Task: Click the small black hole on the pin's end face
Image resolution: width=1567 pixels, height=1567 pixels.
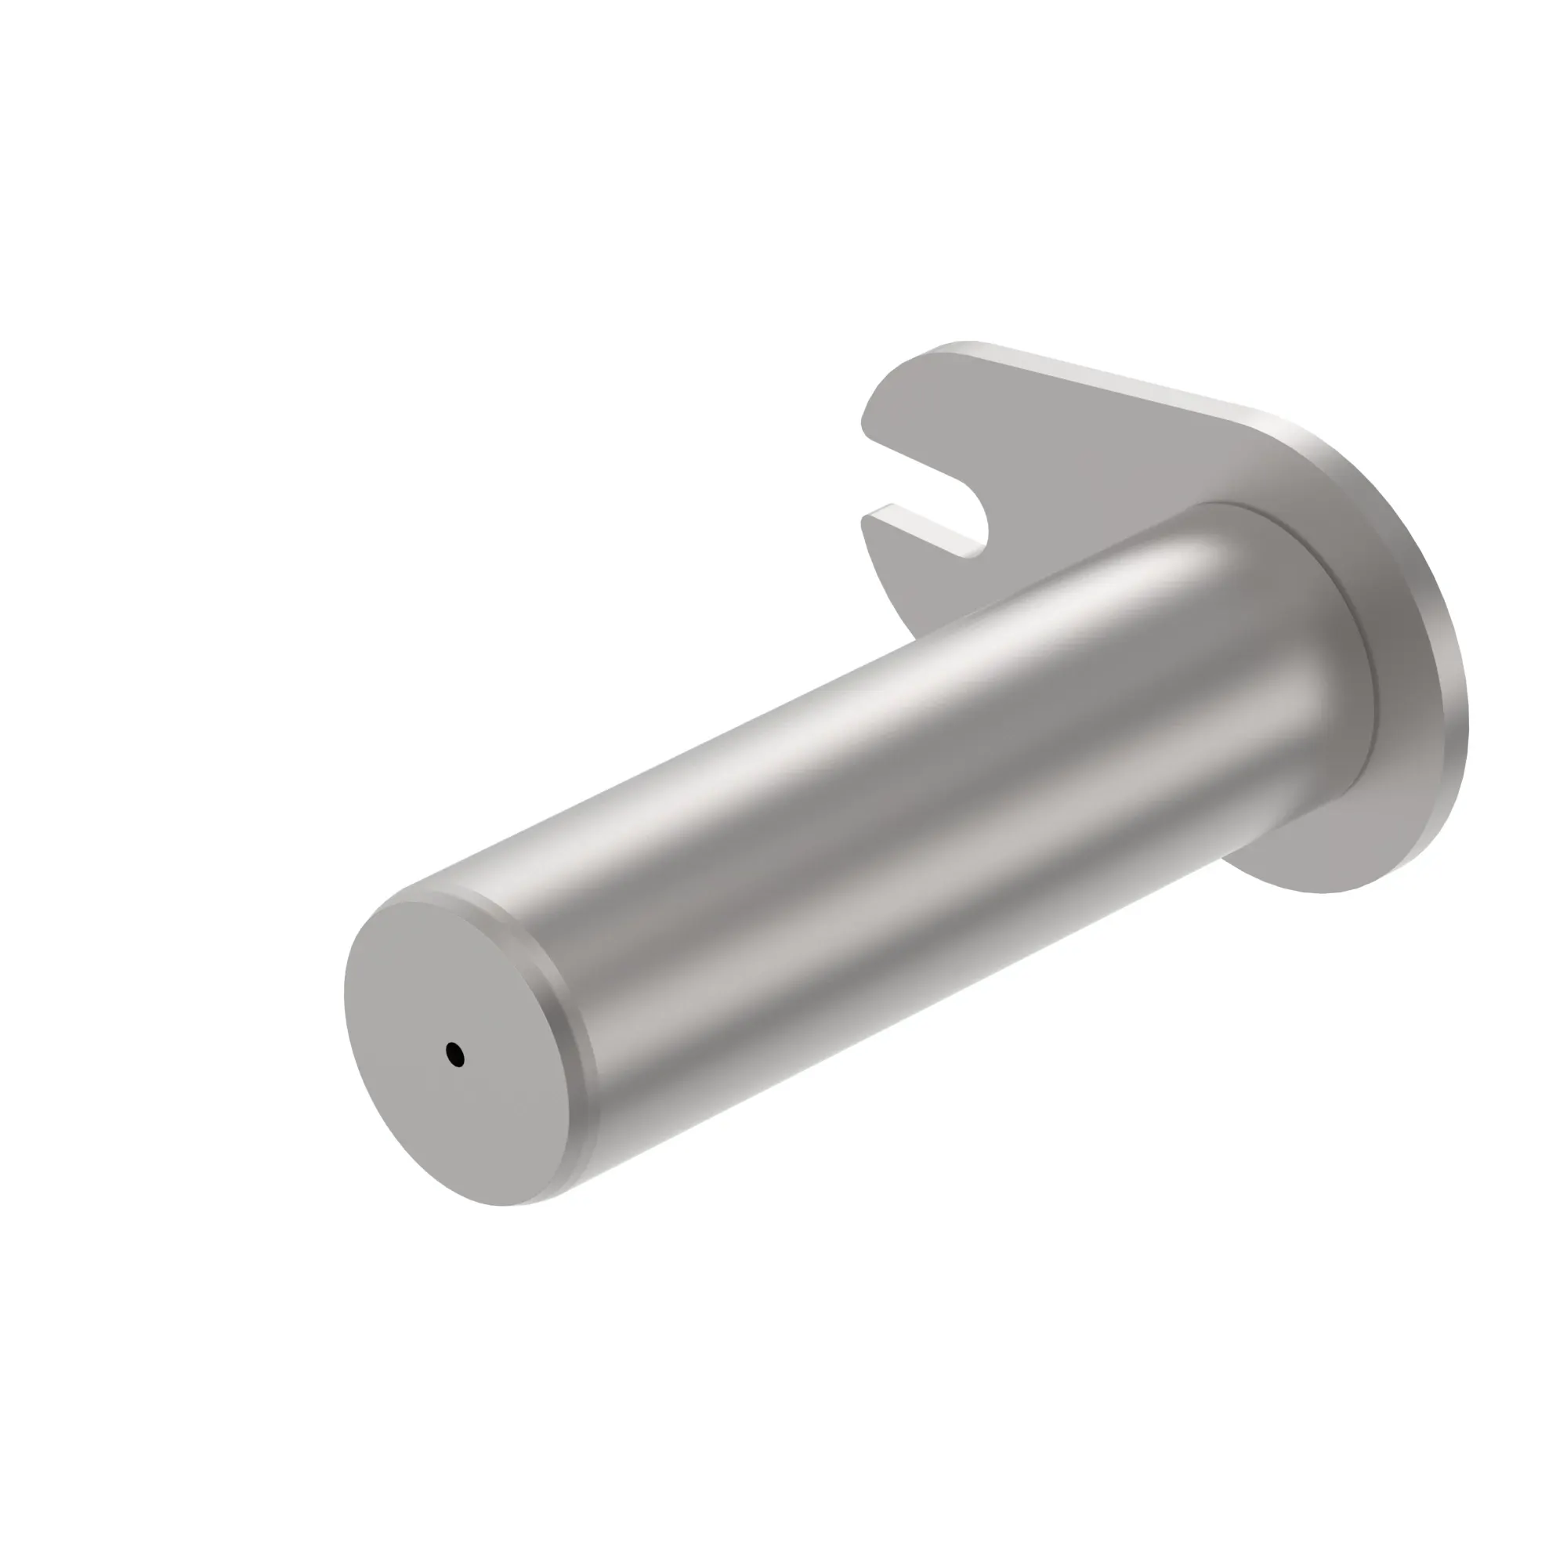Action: [x=455, y=1055]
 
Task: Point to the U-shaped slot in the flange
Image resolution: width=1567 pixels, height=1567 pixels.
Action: [x=932, y=503]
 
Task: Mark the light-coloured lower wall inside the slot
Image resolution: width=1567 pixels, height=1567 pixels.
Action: [x=925, y=530]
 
